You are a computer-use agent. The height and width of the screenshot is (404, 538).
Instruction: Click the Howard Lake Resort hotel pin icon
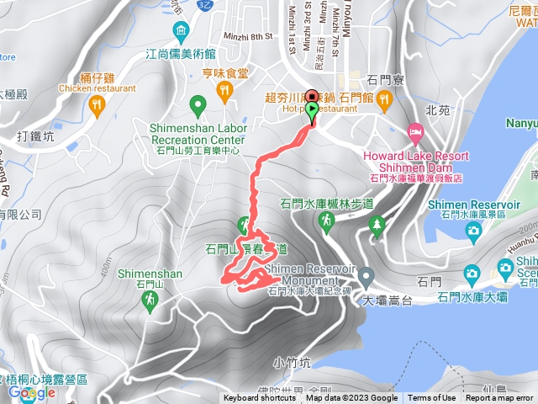click(x=414, y=133)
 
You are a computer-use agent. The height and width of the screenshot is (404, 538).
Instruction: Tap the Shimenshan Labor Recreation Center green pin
click(x=198, y=106)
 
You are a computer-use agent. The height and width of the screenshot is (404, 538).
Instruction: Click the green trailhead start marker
click(x=313, y=111)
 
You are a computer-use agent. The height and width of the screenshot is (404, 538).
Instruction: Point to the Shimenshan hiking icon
click(x=150, y=300)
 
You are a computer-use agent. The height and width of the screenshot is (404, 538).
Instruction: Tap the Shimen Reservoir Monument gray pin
click(x=366, y=276)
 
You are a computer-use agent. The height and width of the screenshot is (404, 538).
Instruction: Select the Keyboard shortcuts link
click(x=261, y=398)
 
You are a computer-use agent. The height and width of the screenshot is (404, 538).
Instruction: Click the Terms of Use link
click(x=432, y=398)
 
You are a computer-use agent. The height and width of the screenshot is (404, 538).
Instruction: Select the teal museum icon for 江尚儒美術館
click(x=181, y=33)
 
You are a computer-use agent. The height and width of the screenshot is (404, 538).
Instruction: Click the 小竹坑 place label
click(x=292, y=363)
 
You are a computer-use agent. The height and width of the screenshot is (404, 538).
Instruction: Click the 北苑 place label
click(x=437, y=109)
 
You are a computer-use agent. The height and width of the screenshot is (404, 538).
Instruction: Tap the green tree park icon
click(x=377, y=224)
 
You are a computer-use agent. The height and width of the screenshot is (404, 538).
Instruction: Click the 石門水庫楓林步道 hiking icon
click(x=325, y=220)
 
